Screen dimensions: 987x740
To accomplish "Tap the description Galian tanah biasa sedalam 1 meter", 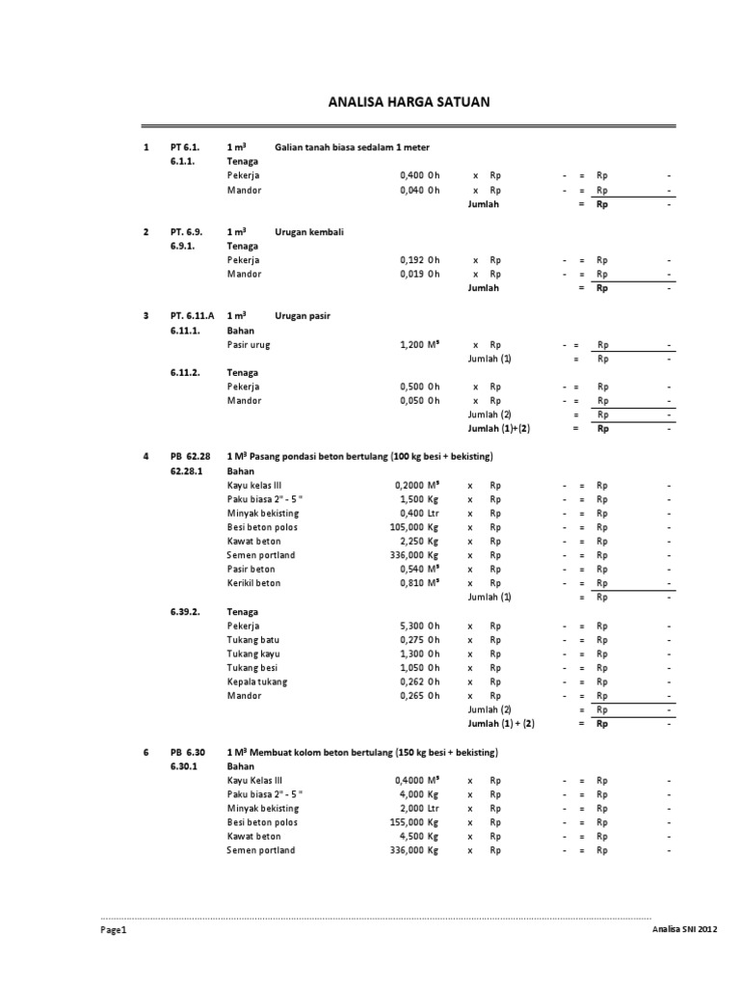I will tap(352, 147).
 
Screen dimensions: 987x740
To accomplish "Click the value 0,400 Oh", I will tap(419, 176).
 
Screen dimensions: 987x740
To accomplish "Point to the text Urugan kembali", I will tap(309, 232).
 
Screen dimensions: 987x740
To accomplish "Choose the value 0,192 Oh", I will tap(419, 260).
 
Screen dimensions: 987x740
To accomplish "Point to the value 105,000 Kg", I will tap(414, 527).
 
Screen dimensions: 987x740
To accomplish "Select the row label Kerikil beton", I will tap(254, 583).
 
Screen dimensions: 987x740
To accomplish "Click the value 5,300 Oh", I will tap(419, 626).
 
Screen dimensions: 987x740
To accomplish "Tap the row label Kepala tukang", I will tap(257, 681).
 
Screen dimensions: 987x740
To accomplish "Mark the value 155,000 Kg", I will tap(414, 822).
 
